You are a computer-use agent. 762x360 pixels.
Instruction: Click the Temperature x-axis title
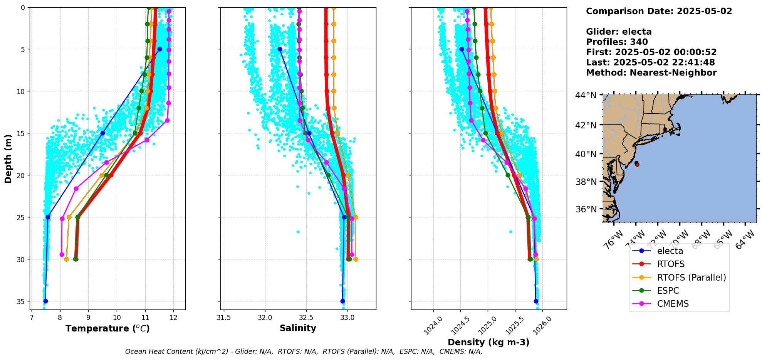tap(107, 328)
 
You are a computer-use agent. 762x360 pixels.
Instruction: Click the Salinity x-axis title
tap(298, 328)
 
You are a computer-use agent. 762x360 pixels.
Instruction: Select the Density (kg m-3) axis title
tap(488, 342)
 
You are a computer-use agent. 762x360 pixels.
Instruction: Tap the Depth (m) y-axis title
tap(8, 158)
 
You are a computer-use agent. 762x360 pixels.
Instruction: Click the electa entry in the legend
tap(670, 251)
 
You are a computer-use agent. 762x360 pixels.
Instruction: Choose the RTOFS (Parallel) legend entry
tap(691, 278)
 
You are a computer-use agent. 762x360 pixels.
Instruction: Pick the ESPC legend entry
tap(668, 291)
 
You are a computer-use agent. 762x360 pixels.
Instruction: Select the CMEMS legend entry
tap(673, 304)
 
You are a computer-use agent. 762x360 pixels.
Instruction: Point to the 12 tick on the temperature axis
tap(173, 318)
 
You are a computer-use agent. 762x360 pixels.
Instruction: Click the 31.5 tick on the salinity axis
tap(224, 318)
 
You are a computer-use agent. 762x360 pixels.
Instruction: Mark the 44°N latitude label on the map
tap(586, 95)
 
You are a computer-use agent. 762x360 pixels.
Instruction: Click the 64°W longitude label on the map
tap(745, 240)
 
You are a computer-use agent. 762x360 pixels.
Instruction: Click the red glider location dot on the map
tap(637, 165)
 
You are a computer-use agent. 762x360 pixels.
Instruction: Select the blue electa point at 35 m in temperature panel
tap(45, 301)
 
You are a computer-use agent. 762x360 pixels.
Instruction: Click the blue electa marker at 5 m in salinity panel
tap(280, 49)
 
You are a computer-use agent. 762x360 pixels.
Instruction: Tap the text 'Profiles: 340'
tap(617, 42)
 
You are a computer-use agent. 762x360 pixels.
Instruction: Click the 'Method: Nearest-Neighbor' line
tap(651, 73)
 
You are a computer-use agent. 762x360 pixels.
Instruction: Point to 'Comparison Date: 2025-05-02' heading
tap(659, 11)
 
